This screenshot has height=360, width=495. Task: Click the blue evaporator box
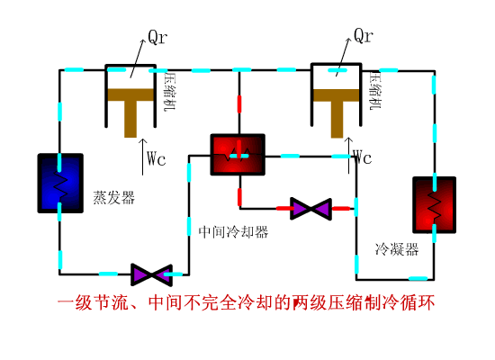pos(60,183)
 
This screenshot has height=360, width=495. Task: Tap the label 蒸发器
pos(112,197)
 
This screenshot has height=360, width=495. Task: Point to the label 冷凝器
pos(397,249)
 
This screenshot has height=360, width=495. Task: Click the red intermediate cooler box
pos(238,156)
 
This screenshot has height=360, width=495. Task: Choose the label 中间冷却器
pos(233,232)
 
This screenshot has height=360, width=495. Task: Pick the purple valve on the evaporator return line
pos(151,273)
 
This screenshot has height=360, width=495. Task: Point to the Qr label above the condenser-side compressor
pos(363,36)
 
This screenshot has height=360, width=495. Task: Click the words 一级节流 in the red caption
pos(93,302)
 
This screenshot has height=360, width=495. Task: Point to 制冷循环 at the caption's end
pos(401,302)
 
